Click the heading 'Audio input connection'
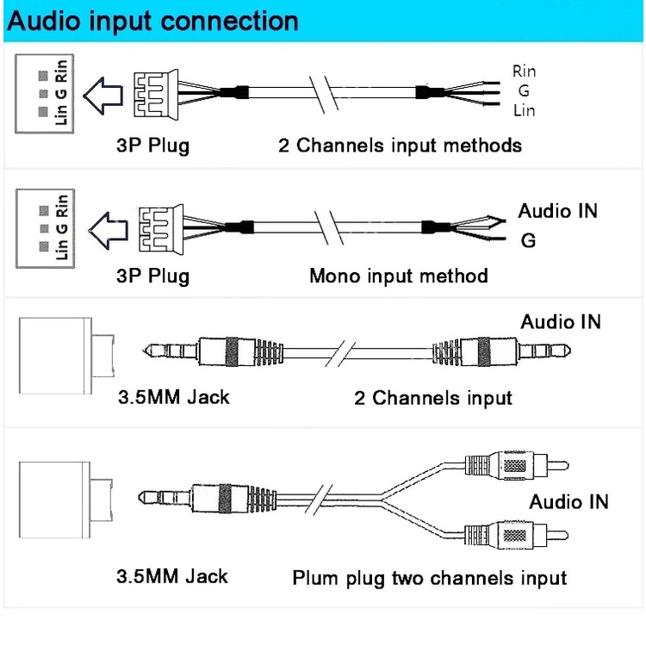click(152, 21)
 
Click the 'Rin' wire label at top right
click(524, 71)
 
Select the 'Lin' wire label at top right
click(524, 110)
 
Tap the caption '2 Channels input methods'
click(400, 144)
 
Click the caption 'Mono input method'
click(398, 276)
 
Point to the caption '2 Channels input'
click(432, 398)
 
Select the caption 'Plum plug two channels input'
click(429, 577)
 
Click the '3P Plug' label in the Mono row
click(152, 276)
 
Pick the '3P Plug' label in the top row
click(152, 144)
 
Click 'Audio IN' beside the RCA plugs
click(568, 502)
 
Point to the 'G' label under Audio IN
click(528, 241)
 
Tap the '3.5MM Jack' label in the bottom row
click(172, 575)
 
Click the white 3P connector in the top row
click(156, 90)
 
